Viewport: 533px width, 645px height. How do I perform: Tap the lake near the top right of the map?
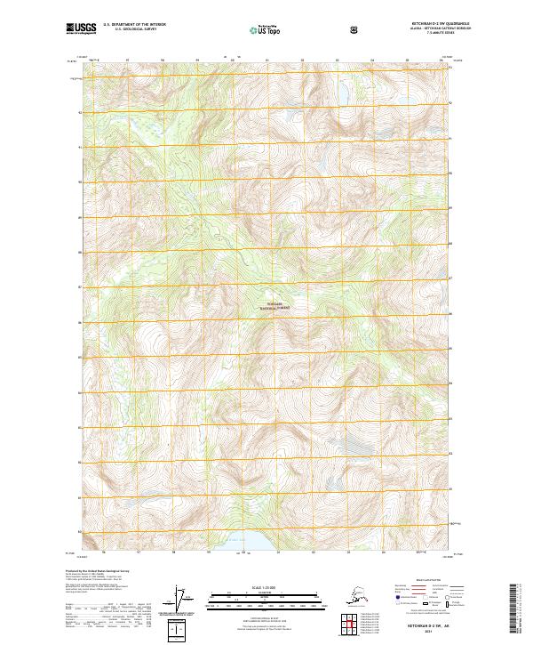(x=340, y=92)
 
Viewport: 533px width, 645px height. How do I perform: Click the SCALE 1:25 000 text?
(x=266, y=585)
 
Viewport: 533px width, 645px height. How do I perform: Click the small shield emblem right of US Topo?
(x=355, y=30)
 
